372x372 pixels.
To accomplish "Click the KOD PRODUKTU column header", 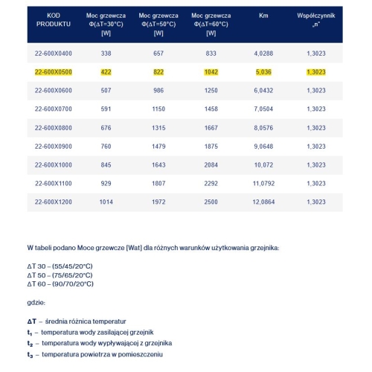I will coord(53,19).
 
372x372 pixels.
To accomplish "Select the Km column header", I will coord(263,15).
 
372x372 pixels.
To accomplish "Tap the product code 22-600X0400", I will coord(53,54).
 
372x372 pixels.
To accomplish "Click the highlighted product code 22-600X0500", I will coord(53,73).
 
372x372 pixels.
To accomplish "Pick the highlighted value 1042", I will coord(211,73).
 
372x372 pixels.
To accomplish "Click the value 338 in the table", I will coord(106,54).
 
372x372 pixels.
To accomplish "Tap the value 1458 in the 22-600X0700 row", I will coord(211,109).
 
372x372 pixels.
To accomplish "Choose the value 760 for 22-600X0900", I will coord(106,146).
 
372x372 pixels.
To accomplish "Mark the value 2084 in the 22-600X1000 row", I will coord(211,164).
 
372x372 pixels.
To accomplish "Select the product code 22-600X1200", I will coord(53,201).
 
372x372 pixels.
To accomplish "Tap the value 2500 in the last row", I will coord(211,201).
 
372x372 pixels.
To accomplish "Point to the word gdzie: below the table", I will coord(36,302).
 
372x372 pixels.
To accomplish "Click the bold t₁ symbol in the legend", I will coord(29,330).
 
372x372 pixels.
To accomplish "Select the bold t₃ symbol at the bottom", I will coord(29,355).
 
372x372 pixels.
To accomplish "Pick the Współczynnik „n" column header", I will coord(315,19).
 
